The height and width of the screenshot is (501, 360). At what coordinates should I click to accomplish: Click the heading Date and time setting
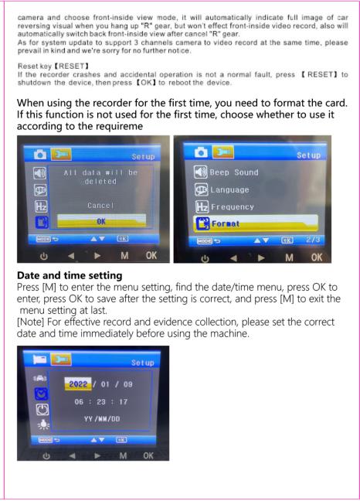pos(70,275)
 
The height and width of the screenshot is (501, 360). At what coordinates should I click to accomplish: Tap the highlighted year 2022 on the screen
pos(78,383)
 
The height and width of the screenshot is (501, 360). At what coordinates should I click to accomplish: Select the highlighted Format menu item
pos(255,223)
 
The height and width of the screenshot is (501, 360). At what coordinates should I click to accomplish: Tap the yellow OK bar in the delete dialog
pos(101,221)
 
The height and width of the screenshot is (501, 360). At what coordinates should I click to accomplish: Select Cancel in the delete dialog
pos(100,205)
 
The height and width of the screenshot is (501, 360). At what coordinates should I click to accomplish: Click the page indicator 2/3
pos(313,240)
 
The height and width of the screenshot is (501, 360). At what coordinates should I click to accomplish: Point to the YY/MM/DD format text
pos(102,418)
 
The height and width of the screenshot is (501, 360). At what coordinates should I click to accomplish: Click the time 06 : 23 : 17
pos(101,401)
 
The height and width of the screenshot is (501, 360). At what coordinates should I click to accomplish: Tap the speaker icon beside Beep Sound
pos(201,172)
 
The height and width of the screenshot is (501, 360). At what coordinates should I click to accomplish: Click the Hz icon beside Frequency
pos(202,206)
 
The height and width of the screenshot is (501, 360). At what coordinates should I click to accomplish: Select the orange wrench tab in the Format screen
pos(223,152)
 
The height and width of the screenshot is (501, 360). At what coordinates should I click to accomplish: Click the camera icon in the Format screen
pos(201,152)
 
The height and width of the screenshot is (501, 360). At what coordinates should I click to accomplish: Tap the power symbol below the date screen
pos(46,456)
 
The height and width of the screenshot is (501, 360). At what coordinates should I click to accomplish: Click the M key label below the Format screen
pos(289,257)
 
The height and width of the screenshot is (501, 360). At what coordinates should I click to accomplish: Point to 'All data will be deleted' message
pos(100,177)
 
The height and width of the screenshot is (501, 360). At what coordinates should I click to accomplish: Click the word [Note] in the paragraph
pos(31,322)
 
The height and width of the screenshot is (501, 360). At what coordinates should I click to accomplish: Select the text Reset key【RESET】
pos(53,66)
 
